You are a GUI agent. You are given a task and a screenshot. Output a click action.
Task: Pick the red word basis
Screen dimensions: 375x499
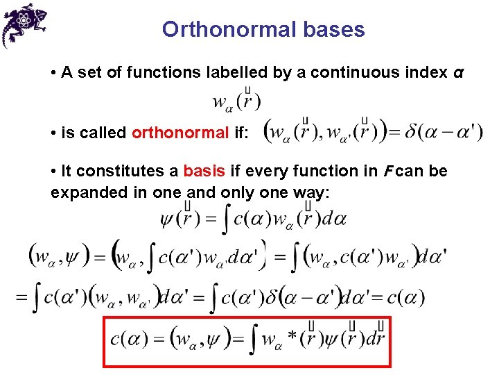pyautogui.click(x=201, y=171)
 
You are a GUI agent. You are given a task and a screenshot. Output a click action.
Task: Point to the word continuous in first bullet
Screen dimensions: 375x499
pyautogui.click(x=353, y=72)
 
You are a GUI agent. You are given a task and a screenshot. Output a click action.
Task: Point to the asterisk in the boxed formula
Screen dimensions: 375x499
pyautogui.click(x=292, y=337)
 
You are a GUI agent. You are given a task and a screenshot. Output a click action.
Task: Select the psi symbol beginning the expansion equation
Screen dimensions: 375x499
pyautogui.click(x=168, y=220)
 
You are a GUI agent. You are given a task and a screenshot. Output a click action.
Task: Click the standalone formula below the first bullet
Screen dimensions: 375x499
pyautogui.click(x=236, y=101)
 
